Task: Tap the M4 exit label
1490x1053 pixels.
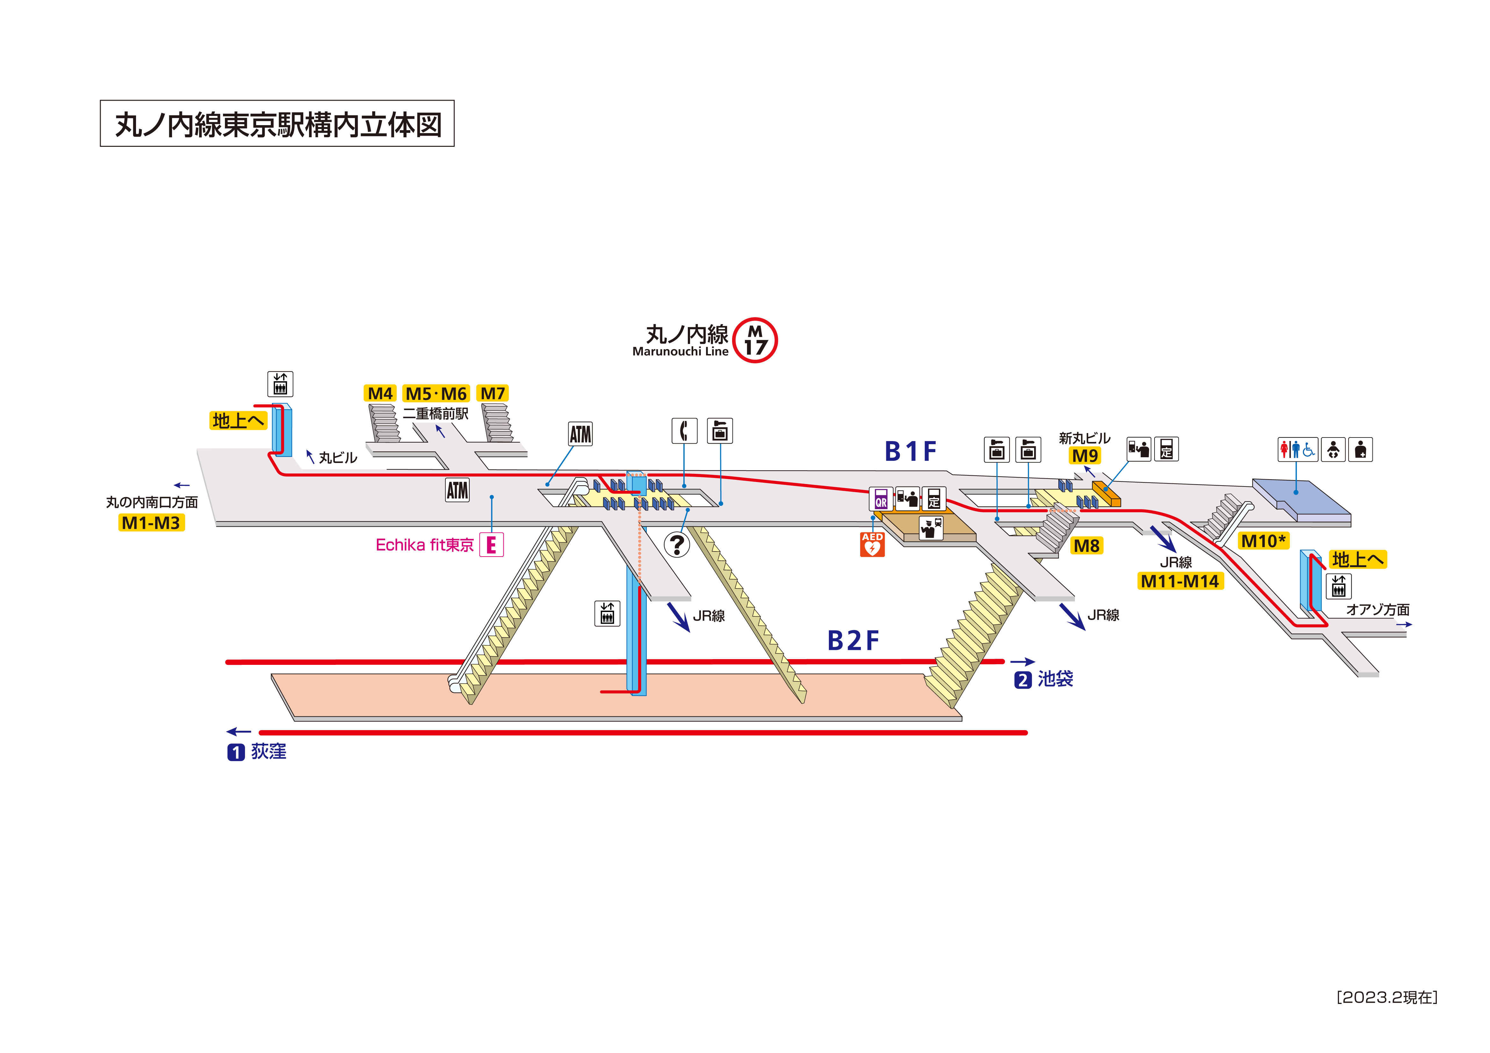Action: pos(380,393)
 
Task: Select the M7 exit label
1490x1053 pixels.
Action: pos(493,393)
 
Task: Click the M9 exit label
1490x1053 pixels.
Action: pos(1085,455)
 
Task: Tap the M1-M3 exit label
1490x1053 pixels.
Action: pos(151,522)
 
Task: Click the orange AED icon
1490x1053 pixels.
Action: pos(872,544)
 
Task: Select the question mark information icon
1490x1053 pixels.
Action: pos(677,544)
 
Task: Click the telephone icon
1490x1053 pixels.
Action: pos(684,431)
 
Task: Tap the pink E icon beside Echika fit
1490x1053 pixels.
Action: pos(491,544)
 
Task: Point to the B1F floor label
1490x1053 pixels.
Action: pos(911,451)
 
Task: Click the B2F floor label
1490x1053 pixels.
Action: pos(853,640)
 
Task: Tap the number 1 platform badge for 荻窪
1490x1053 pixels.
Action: pos(235,752)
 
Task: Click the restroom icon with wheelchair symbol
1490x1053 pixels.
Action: pos(1298,449)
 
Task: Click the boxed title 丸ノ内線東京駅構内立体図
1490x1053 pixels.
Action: pos(277,123)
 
